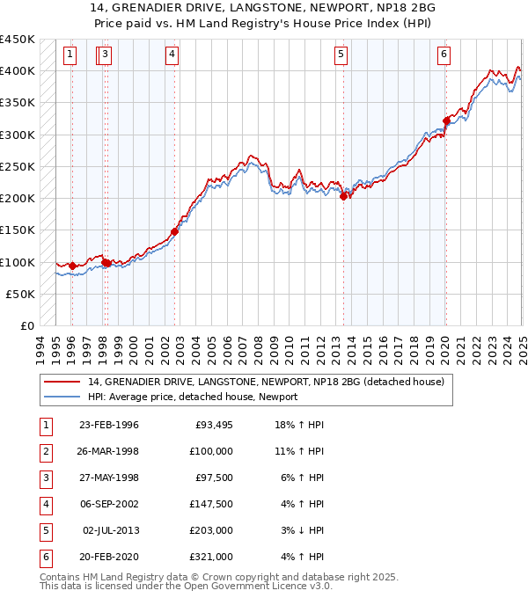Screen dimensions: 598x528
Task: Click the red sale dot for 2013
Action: pyautogui.click(x=344, y=196)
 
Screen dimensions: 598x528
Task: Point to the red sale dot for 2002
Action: pyautogui.click(x=175, y=231)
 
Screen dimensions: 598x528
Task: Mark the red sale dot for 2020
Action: pyautogui.click(x=446, y=120)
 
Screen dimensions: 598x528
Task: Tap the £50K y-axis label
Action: pyautogui.click(x=21, y=294)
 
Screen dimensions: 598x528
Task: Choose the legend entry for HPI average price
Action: pyautogui.click(x=193, y=397)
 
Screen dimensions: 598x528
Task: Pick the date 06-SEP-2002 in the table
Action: pyautogui.click(x=109, y=505)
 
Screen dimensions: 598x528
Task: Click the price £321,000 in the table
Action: pyautogui.click(x=212, y=557)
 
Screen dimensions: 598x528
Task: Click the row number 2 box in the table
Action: pyautogui.click(x=45, y=452)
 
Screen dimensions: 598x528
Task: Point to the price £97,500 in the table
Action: pyautogui.click(x=215, y=478)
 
